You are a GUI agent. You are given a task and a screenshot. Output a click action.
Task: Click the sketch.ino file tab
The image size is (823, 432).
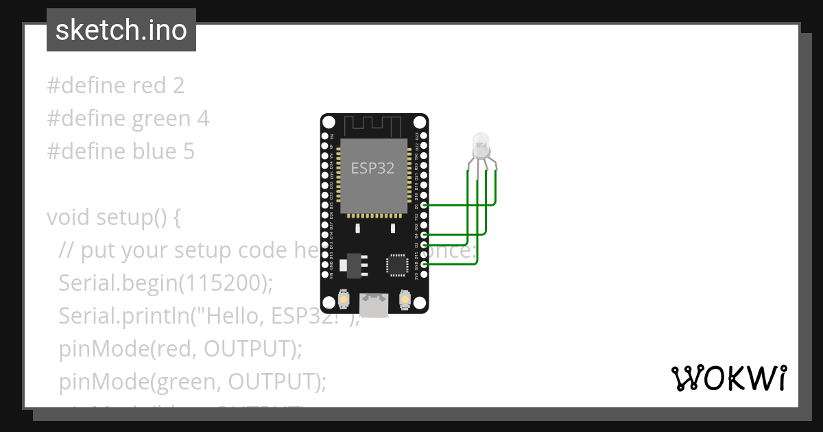121,31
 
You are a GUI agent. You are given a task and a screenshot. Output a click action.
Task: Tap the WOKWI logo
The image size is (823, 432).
728,378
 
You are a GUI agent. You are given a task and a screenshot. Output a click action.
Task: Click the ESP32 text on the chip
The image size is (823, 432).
372,168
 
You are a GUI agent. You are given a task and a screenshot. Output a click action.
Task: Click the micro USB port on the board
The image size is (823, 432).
374,304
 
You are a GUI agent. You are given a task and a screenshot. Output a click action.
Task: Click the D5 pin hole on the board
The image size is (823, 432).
425,205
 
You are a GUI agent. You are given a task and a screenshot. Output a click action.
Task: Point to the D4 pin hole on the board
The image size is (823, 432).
425,235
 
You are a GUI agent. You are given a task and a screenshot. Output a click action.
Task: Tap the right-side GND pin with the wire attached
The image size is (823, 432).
425,264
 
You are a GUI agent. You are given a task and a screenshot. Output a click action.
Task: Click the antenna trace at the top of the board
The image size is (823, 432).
372,125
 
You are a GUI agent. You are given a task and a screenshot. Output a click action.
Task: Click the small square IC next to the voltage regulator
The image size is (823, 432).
397,264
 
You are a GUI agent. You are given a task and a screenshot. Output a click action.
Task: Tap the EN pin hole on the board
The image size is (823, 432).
325,137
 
